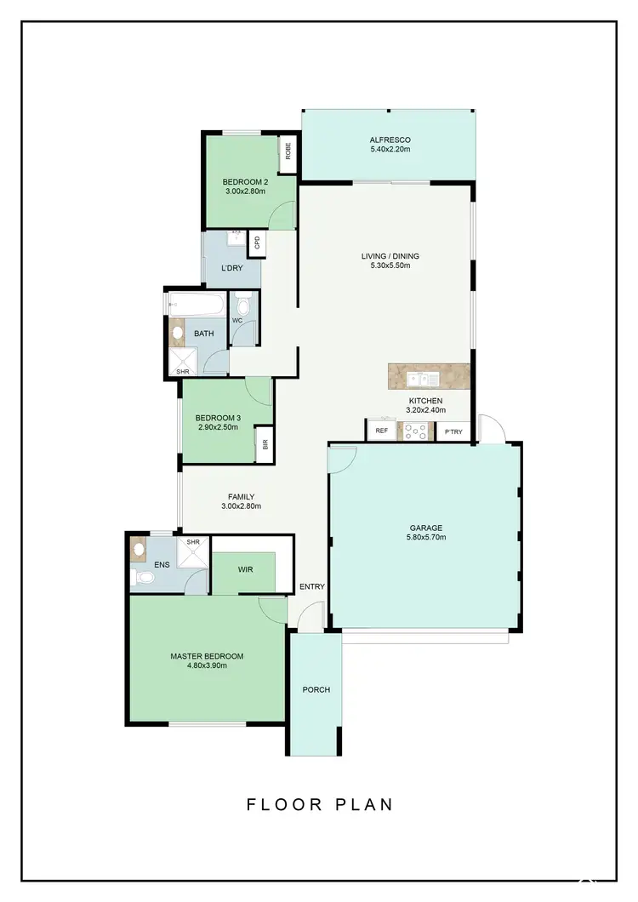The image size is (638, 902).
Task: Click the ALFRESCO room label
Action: coord(390,140)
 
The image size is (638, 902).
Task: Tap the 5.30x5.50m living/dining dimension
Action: coord(390,265)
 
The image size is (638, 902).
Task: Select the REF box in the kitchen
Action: coord(381,431)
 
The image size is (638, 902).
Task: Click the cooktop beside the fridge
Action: coord(414,431)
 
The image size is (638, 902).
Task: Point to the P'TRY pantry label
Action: coord(454,432)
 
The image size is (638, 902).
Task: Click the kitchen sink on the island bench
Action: coord(422,379)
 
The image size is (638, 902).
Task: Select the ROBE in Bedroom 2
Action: coord(288,151)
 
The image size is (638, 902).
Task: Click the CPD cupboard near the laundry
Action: coord(257,244)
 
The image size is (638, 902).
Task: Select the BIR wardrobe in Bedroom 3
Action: coord(265,444)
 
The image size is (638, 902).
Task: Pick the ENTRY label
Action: coord(312,586)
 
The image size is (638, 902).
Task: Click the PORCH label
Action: coord(316,689)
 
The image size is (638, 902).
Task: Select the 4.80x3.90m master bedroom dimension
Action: coord(207,665)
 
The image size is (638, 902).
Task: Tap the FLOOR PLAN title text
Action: coord(319,804)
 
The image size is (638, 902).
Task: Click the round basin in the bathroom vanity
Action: coord(179,333)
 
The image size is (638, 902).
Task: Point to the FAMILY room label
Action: coord(241,497)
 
